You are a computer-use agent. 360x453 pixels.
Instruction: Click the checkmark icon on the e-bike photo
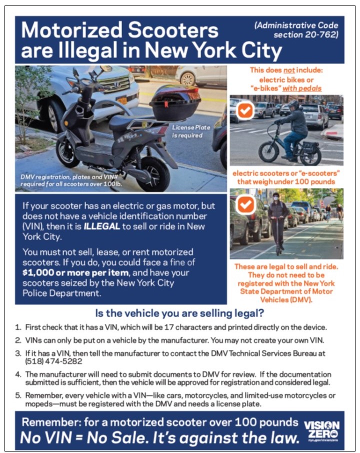(245, 110)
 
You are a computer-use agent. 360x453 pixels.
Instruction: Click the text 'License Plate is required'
(191, 131)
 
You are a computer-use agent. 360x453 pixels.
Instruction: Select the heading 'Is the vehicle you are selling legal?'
(179, 314)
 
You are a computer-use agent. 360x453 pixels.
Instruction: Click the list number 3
(17, 351)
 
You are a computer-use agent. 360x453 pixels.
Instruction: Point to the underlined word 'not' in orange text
(289, 70)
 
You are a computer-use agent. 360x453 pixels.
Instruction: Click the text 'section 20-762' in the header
(305, 35)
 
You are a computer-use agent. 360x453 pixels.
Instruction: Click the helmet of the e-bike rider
(294, 105)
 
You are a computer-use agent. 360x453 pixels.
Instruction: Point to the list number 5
(17, 394)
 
